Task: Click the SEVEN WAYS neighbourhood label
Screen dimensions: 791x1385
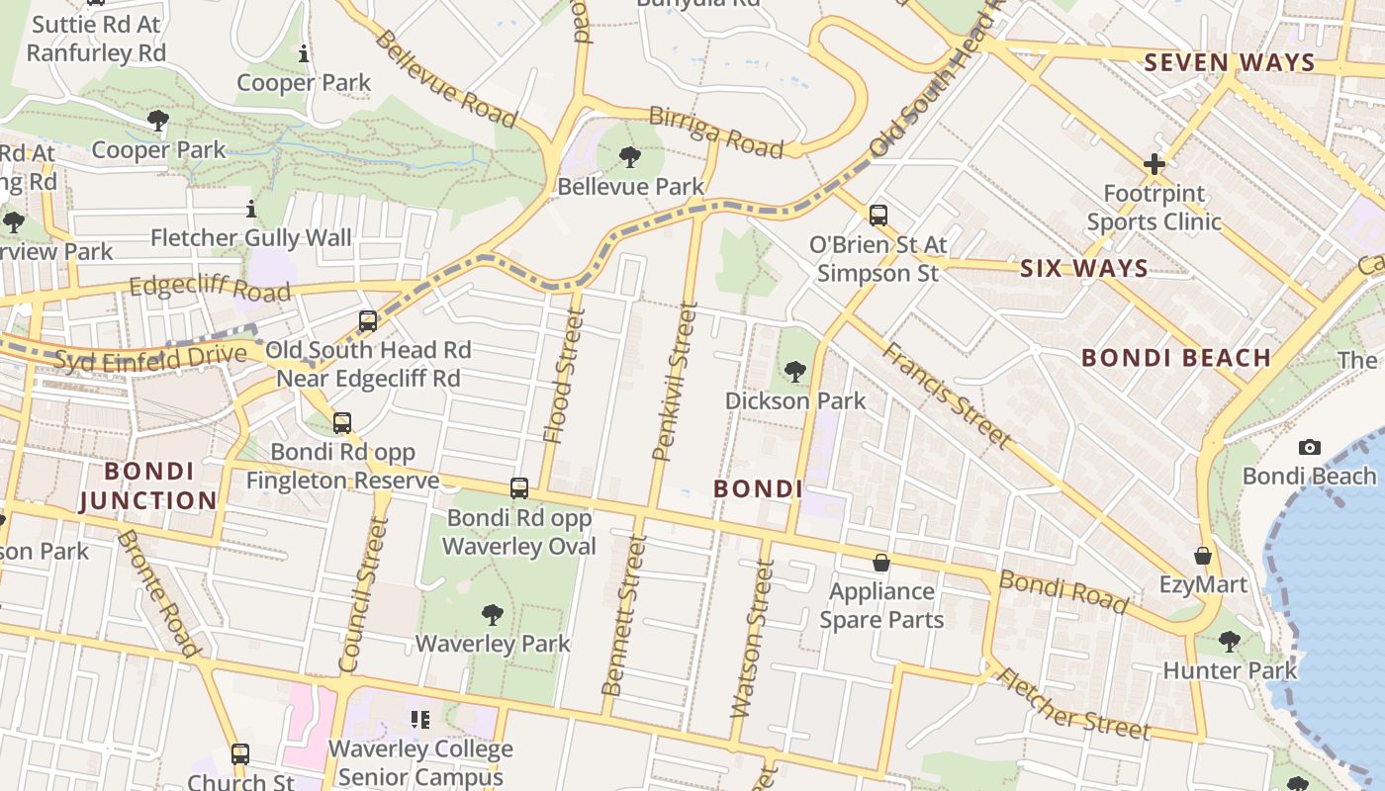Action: (1230, 63)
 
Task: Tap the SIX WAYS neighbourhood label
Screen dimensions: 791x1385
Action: (1083, 268)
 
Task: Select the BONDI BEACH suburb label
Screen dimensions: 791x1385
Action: (1175, 358)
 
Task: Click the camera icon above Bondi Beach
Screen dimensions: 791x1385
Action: (1310, 448)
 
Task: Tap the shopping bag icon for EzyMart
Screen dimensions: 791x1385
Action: (1203, 556)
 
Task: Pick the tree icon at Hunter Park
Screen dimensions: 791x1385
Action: (1229, 642)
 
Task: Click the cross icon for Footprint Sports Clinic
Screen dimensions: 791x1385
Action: (1154, 164)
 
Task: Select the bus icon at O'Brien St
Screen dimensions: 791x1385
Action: (877, 216)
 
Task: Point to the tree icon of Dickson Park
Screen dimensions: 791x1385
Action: (794, 372)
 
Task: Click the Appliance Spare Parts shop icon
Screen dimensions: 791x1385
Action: (880, 563)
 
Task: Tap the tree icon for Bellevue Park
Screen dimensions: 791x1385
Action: (630, 156)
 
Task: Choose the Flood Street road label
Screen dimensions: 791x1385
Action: (565, 376)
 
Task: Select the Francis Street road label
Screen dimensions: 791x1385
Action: (947, 395)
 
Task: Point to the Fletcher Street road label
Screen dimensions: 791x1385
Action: (1073, 705)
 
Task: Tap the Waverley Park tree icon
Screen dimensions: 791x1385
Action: (492, 615)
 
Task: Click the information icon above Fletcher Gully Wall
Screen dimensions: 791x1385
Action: (250, 210)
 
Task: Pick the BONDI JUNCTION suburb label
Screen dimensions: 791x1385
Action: (147, 485)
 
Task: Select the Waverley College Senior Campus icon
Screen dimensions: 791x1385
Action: (420, 720)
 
